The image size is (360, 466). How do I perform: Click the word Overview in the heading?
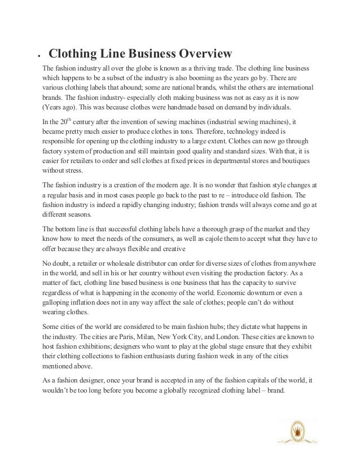pos(205,54)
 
